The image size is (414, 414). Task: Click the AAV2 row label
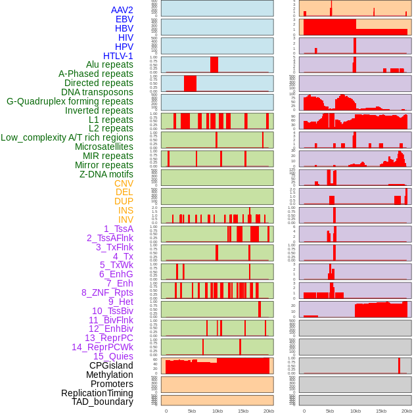point(122,10)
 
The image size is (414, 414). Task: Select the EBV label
point(124,19)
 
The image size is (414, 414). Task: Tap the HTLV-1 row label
point(118,56)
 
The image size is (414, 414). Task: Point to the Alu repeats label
point(110,64)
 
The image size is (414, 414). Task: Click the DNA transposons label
point(97,92)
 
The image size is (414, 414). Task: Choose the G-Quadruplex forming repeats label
point(70,101)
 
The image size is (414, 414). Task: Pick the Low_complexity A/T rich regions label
point(67,137)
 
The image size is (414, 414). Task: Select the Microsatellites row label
point(104,147)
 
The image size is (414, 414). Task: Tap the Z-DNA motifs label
point(106,174)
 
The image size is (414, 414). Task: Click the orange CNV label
point(124,183)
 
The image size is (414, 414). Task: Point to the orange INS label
point(126,210)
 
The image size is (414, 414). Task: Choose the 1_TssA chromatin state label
point(118,229)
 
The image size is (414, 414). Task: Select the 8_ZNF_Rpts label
point(107,292)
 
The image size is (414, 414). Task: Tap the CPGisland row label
point(111,365)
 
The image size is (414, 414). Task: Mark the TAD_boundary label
point(103,402)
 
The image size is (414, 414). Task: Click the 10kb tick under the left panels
point(217,411)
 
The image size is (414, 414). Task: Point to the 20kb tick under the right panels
point(407,411)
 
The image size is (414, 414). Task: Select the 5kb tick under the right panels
point(330,411)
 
